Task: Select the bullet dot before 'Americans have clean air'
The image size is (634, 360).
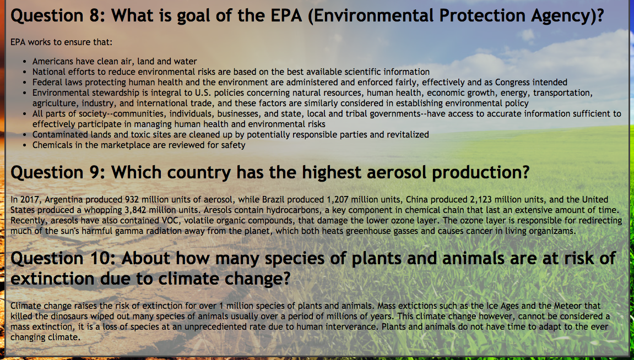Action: point(25,62)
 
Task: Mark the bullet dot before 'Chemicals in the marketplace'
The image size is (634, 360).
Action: point(25,145)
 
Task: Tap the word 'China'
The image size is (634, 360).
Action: point(416,200)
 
